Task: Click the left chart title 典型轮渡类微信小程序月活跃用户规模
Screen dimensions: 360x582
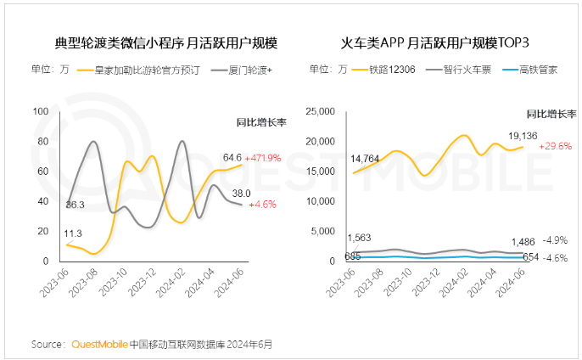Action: coord(166,43)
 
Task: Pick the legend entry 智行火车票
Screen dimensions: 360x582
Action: coord(465,70)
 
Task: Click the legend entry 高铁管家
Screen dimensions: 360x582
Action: coord(538,70)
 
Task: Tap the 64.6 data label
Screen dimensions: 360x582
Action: coord(232,157)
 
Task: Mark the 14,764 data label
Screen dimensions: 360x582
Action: coord(367,158)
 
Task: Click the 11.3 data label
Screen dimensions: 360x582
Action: coord(73,233)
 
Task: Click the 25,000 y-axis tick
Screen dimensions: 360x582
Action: coord(325,112)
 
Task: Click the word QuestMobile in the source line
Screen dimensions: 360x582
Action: coord(100,345)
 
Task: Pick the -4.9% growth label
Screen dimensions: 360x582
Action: coord(555,240)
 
